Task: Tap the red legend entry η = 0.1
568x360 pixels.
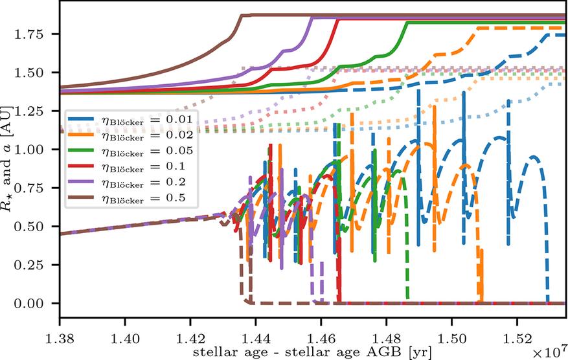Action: click(127, 166)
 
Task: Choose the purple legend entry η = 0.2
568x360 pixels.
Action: click(127, 182)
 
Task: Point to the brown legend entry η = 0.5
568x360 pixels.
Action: click(127, 197)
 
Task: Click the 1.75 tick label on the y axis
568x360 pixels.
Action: click(28, 34)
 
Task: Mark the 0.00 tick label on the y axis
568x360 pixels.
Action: click(28, 303)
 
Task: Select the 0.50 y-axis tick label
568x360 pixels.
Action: click(28, 227)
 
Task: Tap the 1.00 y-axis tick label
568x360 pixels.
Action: click(28, 149)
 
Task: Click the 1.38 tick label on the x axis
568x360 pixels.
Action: click(60, 339)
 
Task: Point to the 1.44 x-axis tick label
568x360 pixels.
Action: click(256, 339)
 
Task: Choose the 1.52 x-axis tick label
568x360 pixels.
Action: click(517, 339)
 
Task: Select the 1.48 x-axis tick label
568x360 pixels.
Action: click(387, 339)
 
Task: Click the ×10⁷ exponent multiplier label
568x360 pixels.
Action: click(549, 351)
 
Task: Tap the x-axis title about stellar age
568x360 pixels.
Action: click(312, 352)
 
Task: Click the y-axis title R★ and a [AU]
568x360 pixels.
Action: click(6, 158)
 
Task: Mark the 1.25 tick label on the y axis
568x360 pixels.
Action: click(28, 111)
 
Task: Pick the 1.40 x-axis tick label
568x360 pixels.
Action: click(125, 339)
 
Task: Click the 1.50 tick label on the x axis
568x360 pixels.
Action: click(451, 339)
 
